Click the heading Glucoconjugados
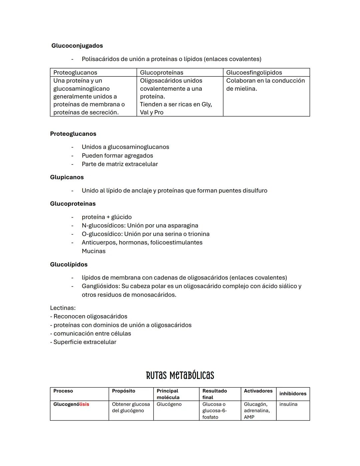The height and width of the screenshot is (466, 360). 77,46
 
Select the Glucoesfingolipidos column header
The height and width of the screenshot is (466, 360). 254,72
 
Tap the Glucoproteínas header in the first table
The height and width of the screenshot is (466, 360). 161,72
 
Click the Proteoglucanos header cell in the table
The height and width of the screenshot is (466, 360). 75,72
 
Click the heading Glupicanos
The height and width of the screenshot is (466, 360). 67,177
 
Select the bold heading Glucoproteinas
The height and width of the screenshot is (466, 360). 73,203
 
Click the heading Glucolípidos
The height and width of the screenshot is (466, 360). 69,264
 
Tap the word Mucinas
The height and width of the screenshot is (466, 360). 93,251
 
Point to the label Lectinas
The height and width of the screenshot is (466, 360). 63,308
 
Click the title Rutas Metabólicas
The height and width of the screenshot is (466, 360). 180,375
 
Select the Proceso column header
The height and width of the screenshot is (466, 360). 63,391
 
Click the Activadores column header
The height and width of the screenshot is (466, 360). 258,391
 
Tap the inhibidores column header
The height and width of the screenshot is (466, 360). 293,394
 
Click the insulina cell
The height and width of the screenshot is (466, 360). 288,404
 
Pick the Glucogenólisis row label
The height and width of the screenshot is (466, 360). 71,404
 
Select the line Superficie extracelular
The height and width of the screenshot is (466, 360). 85,342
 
